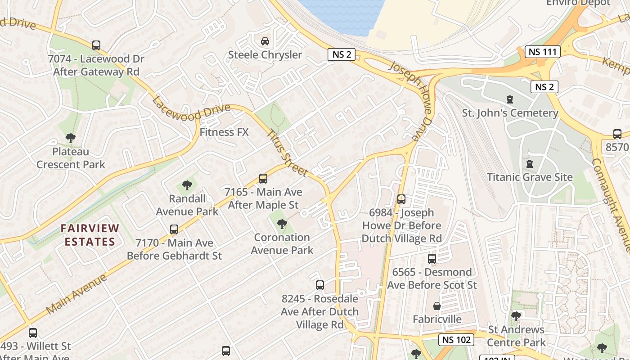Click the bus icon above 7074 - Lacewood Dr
point(96,45)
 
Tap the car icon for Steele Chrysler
point(265,41)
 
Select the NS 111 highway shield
point(543,51)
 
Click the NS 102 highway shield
point(456,340)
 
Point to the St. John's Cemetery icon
point(510,99)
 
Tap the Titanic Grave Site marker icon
point(530,164)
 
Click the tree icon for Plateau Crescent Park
point(70,138)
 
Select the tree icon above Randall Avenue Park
point(187,185)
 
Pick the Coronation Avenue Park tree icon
point(282,224)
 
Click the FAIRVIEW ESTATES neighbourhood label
point(90,235)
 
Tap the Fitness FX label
point(224,132)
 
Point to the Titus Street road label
point(287,153)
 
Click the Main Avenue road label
point(76,294)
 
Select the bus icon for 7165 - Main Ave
point(263,179)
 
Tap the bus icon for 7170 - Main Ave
point(174,229)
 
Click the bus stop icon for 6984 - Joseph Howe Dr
point(401,199)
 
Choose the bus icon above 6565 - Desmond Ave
point(432,259)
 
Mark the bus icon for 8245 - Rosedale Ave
point(319,285)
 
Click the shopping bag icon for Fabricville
point(436,306)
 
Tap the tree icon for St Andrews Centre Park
point(516,316)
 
